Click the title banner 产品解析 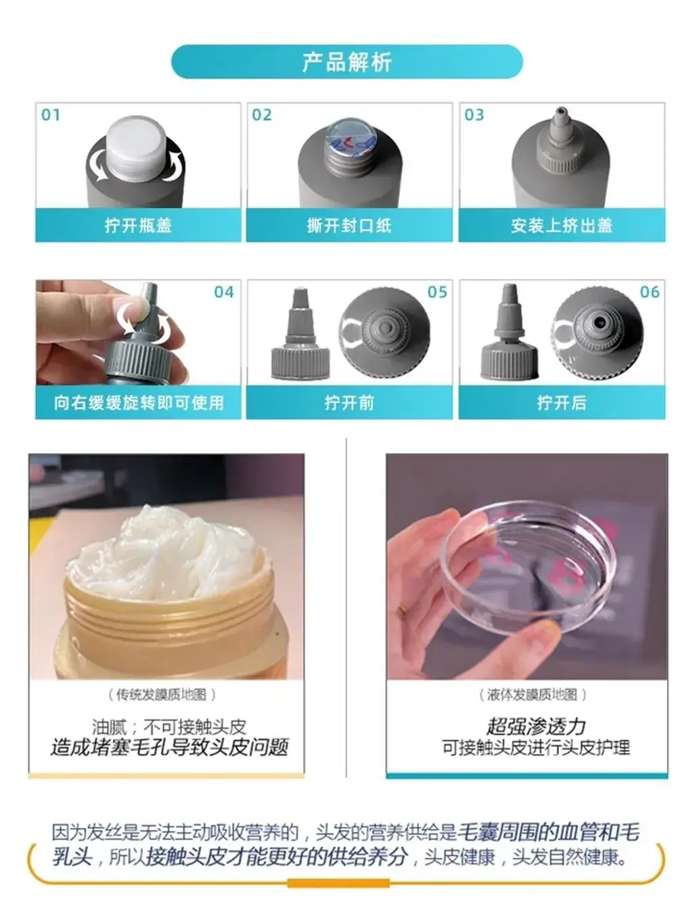tap(346, 62)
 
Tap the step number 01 tap(51, 115)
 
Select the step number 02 tap(262, 115)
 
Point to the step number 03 tap(474, 115)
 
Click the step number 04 tap(224, 292)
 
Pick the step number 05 tap(437, 292)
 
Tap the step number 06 tap(650, 292)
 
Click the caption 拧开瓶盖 tap(139, 225)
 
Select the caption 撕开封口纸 tap(349, 225)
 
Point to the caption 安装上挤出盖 tap(562, 225)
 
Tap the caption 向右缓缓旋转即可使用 tap(139, 402)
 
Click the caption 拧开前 tap(349, 402)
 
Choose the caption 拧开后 tap(562, 402)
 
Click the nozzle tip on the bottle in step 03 tap(560, 114)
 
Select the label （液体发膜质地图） tap(532, 694)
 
